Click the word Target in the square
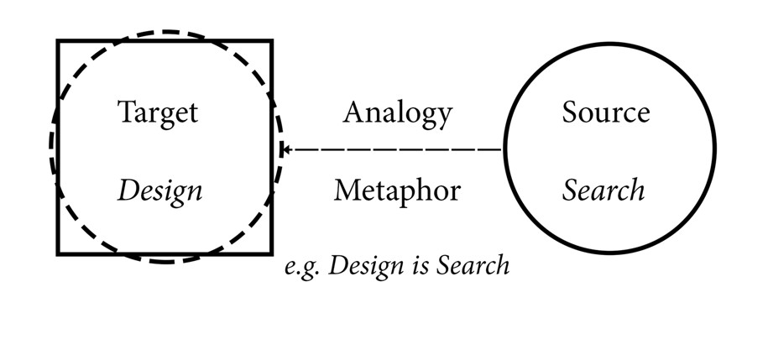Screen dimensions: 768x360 [158, 113]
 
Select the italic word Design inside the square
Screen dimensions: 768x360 [159, 191]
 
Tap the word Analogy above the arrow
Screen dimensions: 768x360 [397, 113]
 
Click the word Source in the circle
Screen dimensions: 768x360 [606, 112]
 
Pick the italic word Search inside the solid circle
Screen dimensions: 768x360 [603, 190]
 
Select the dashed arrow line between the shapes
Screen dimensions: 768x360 [393, 149]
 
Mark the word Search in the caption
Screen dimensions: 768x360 [473, 265]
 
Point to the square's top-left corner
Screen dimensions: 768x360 [58, 40]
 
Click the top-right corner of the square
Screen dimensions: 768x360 [272, 40]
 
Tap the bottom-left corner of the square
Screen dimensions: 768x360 [58, 253]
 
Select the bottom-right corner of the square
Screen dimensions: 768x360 [272, 253]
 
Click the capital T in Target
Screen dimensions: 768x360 [127, 112]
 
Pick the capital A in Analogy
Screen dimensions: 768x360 [355, 112]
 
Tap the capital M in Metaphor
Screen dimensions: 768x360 [349, 190]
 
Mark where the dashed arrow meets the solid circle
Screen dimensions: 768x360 [504, 149]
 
